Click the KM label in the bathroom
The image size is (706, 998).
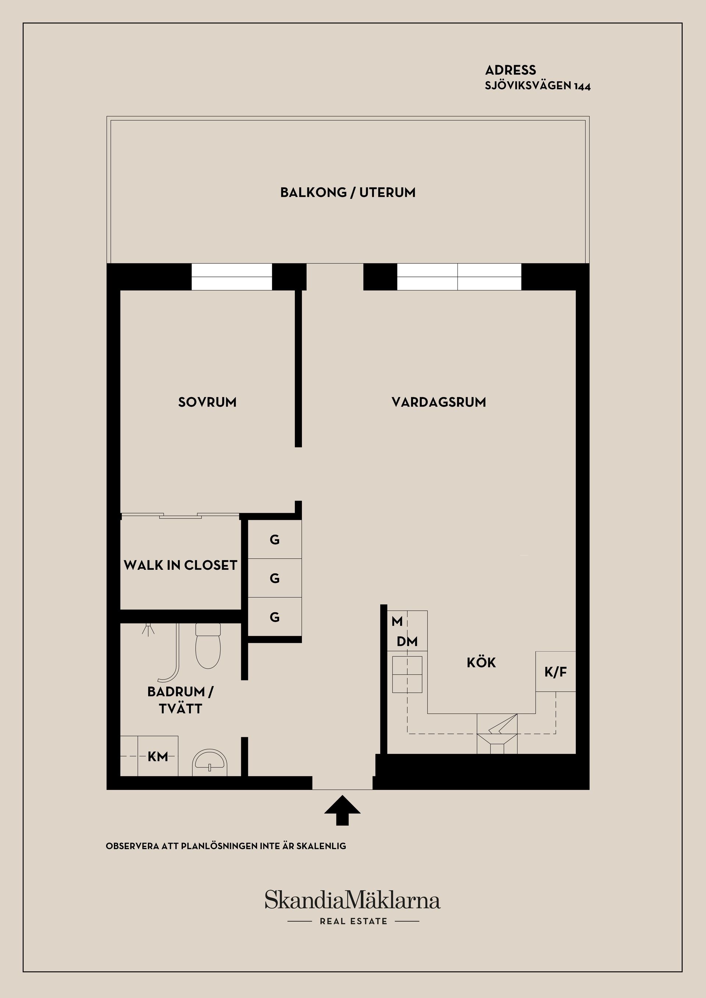(157, 757)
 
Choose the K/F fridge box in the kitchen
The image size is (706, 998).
(556, 672)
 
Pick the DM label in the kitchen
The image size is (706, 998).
(407, 641)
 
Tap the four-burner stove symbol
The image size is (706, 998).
(407, 674)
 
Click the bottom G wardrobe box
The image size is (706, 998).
(275, 617)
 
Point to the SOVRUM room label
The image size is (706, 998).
(207, 402)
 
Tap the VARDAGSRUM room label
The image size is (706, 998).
(439, 402)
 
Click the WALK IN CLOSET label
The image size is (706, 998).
(181, 565)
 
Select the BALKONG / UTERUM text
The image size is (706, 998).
(348, 193)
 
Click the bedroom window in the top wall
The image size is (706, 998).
(232, 276)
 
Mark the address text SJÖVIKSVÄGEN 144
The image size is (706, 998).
(538, 86)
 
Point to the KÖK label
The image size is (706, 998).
(481, 662)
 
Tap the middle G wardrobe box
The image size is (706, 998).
(275, 578)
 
